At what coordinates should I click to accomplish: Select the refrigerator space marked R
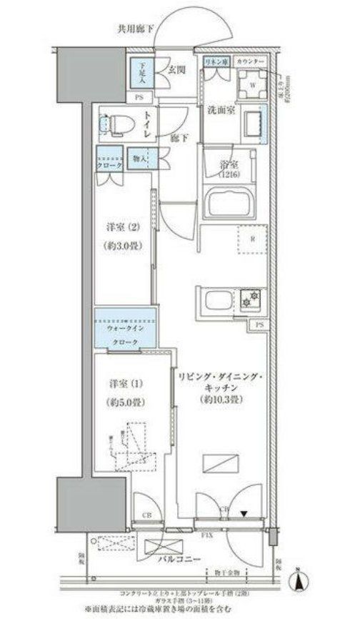point(251,239)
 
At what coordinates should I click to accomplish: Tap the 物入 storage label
point(140,158)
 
